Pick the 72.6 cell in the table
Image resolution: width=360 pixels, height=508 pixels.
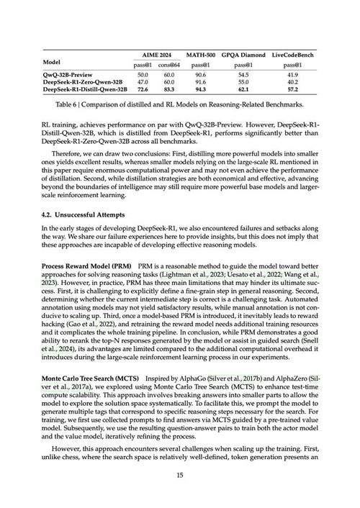pos(143,90)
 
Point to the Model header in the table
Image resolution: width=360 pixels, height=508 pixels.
pos(53,62)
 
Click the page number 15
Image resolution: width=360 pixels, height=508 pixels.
pos(180,475)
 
